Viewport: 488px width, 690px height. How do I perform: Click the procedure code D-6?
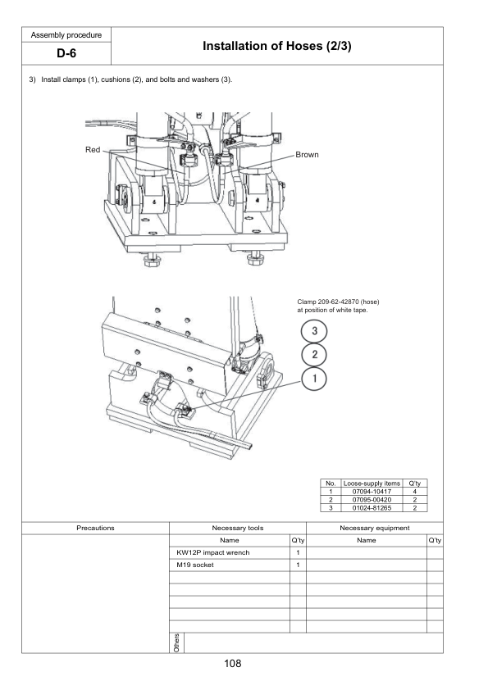point(66,53)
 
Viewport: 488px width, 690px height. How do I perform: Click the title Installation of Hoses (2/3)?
point(276,46)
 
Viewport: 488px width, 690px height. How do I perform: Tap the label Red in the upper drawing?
point(93,150)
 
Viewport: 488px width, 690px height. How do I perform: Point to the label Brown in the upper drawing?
point(307,154)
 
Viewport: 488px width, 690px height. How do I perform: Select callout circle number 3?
point(314,331)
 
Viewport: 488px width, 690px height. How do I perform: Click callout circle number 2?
point(314,354)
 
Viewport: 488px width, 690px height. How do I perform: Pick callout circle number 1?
point(314,379)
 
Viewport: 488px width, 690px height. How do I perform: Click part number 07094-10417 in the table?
point(372,492)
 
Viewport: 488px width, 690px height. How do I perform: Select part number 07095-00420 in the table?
point(372,499)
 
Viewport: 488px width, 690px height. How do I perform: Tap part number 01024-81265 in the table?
point(372,508)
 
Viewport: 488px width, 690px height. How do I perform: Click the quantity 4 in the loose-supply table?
point(414,492)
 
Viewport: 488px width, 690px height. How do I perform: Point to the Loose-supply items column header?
point(372,483)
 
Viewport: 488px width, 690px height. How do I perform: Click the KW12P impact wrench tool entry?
point(212,552)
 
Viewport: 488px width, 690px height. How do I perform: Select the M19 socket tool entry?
point(194,565)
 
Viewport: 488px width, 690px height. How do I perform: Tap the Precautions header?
point(95,528)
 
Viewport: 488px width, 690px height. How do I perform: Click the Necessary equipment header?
point(374,528)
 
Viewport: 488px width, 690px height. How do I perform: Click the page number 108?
point(233,663)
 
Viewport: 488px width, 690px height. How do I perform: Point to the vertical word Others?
point(176,642)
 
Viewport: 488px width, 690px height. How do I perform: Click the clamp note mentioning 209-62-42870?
point(338,306)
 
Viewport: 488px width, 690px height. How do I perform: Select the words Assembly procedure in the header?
point(66,35)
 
